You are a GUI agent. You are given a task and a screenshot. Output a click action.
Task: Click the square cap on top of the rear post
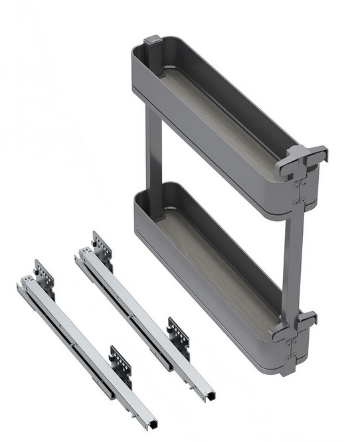pyautogui.click(x=151, y=40)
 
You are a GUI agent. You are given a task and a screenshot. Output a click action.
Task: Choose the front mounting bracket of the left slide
pyautogui.click(x=121, y=362)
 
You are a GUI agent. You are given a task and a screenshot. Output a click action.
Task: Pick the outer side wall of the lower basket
pyautogui.click(x=199, y=285)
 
